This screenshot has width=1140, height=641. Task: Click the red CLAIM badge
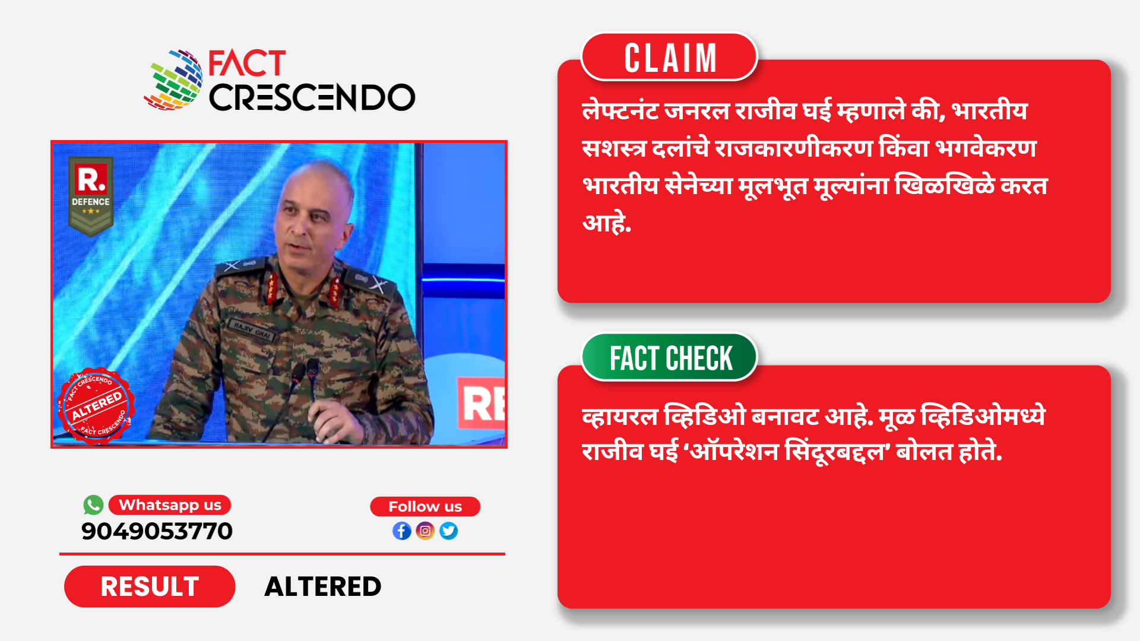[x=669, y=57]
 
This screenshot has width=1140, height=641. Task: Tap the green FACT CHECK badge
[x=669, y=357]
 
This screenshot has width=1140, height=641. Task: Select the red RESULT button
[x=150, y=586]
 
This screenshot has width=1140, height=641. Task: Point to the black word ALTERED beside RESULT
[x=322, y=586]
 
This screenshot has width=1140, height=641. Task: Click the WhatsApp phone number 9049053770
[x=157, y=531]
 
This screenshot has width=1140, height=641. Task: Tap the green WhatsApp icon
[x=93, y=505]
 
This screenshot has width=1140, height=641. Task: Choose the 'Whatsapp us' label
[x=170, y=505]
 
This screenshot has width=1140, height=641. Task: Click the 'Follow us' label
[x=425, y=507]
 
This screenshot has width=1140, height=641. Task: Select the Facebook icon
[x=402, y=531]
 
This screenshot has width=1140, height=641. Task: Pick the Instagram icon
[x=425, y=531]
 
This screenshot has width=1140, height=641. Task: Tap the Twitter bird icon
[x=449, y=531]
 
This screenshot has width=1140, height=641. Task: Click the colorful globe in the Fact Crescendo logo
[x=173, y=80]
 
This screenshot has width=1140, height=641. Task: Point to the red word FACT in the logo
[x=247, y=64]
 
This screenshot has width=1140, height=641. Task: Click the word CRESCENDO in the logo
[x=312, y=97]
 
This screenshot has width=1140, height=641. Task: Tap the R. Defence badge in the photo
[x=91, y=196]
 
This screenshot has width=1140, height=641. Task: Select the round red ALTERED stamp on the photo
[x=96, y=406]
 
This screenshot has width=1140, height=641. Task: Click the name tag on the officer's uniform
[x=251, y=329]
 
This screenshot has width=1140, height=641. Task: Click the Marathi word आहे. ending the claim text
[x=607, y=223]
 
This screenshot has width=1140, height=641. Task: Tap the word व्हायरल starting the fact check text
[x=620, y=416]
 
